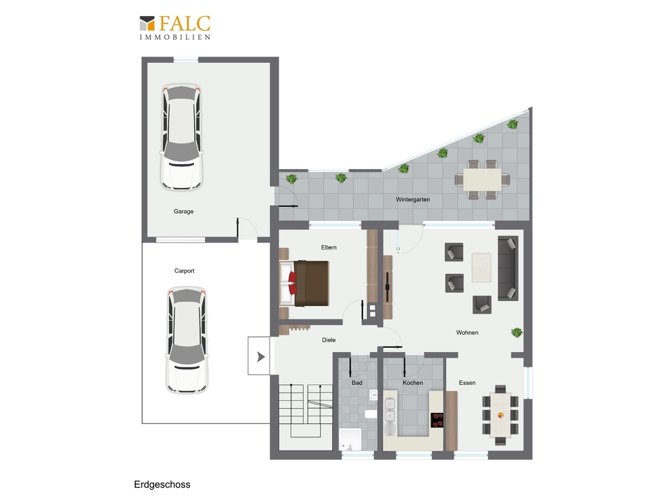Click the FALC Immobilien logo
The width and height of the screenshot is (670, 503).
(x=175, y=28)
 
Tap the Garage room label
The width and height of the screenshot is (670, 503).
(x=184, y=211)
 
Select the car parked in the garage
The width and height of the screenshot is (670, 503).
(x=181, y=138)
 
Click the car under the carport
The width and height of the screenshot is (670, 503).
(x=186, y=340)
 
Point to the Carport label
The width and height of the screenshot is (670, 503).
(x=184, y=271)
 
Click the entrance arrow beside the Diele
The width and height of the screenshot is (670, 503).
(x=260, y=357)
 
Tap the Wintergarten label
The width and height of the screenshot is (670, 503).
(x=412, y=199)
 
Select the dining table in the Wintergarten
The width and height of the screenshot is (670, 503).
(x=482, y=180)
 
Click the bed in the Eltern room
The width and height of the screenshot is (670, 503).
(x=304, y=283)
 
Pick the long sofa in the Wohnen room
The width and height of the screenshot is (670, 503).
(x=508, y=268)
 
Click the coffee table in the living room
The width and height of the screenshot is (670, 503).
(x=481, y=268)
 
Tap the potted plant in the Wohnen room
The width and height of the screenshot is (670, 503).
(x=516, y=333)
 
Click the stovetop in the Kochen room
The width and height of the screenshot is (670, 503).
(x=437, y=420)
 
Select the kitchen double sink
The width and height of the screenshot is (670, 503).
(x=389, y=410)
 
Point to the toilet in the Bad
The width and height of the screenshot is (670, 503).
(x=371, y=414)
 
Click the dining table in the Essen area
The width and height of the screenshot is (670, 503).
(x=500, y=414)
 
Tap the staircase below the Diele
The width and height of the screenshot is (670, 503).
(x=306, y=411)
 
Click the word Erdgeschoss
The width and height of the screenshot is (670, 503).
(x=163, y=485)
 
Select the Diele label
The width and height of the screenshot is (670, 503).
(x=329, y=340)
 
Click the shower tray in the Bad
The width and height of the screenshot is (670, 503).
(x=350, y=439)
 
